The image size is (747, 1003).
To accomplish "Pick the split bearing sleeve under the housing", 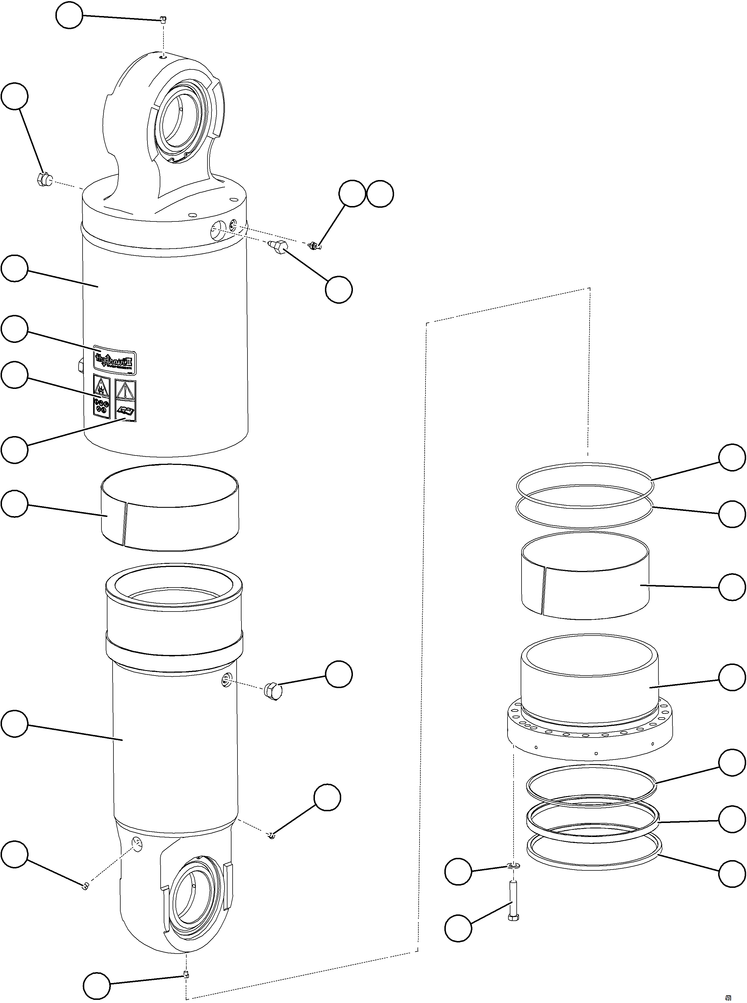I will tap(169, 508).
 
